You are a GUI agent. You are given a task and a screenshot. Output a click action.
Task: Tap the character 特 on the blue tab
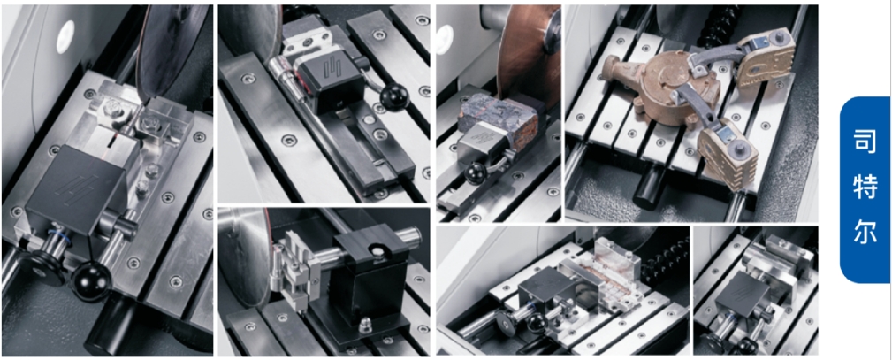click(x=865, y=188)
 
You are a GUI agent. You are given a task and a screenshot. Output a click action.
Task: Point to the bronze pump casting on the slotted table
click(x=665, y=86)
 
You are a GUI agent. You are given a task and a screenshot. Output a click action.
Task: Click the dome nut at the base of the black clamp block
click(x=363, y=326)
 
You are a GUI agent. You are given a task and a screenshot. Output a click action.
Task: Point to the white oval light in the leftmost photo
click(x=66, y=37)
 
